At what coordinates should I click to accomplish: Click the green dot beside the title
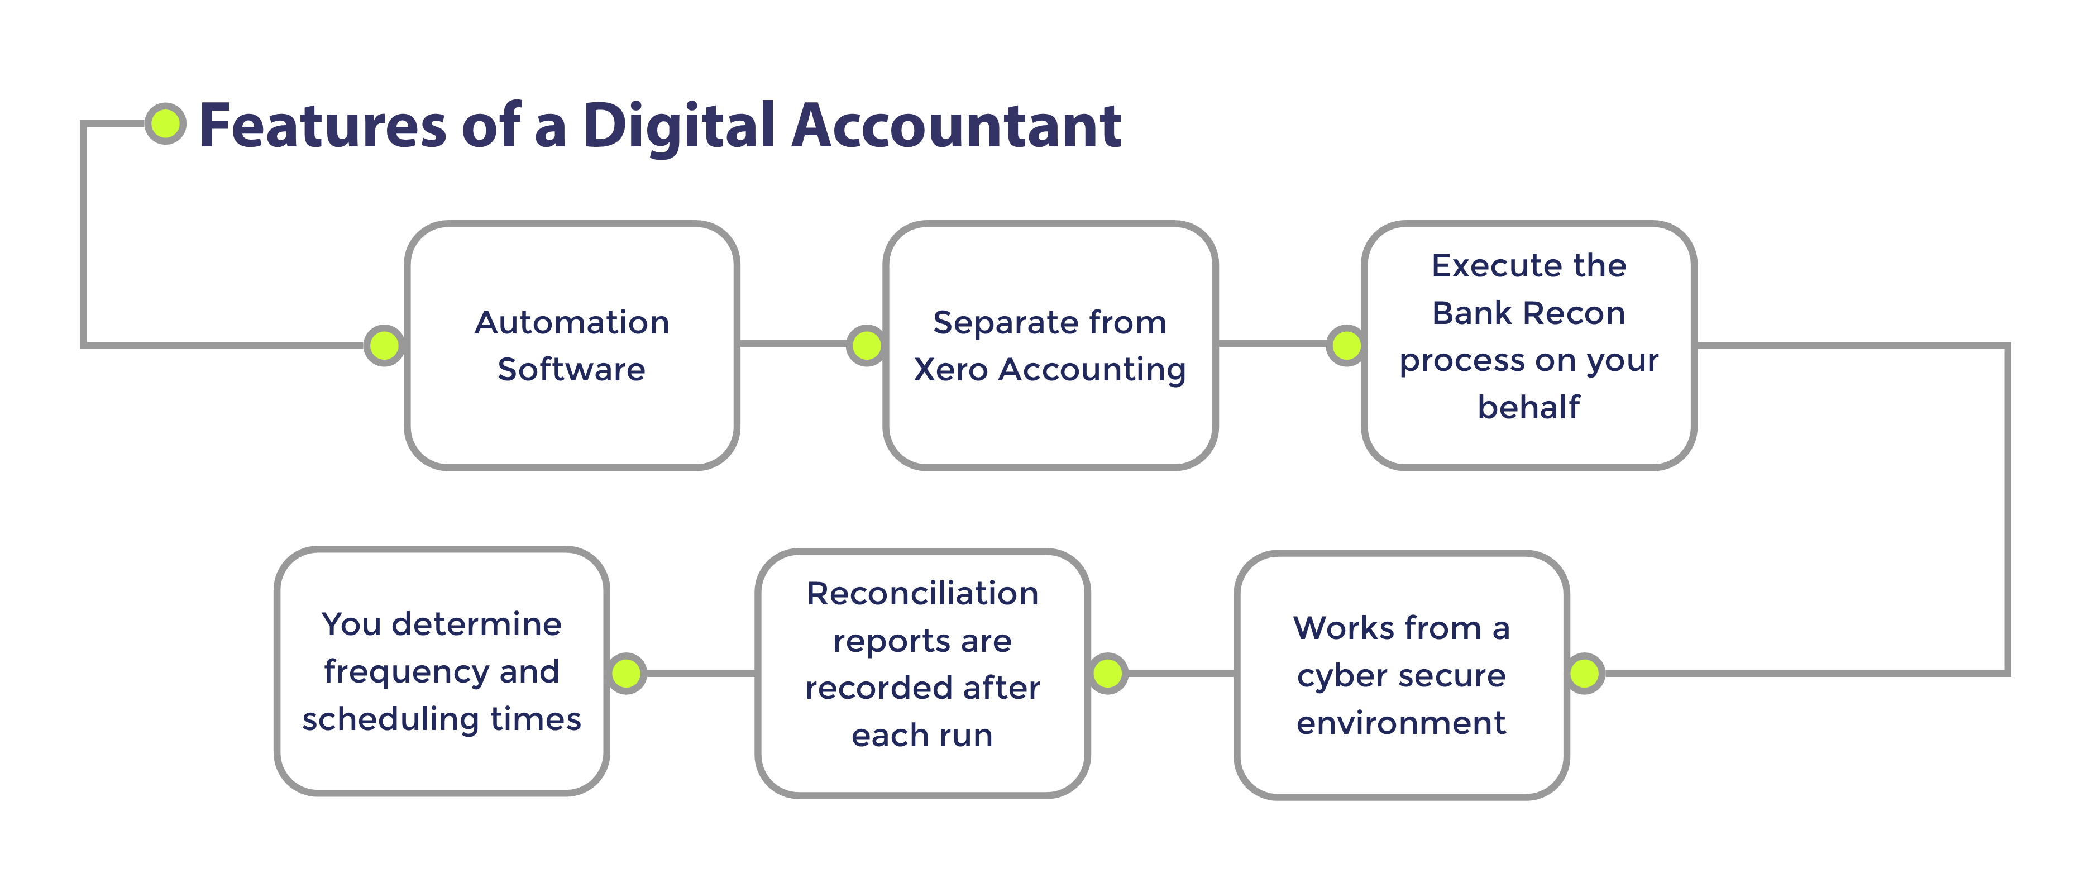click(166, 123)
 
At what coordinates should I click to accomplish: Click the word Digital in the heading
click(679, 127)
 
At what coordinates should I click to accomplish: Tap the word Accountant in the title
click(956, 127)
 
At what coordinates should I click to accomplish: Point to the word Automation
click(571, 323)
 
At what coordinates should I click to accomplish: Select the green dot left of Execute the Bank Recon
click(1346, 346)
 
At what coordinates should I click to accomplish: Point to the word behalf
click(1528, 407)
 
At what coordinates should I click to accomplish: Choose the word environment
click(1400, 723)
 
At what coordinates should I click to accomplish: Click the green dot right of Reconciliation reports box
click(1107, 673)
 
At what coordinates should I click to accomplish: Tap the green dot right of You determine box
click(627, 673)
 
